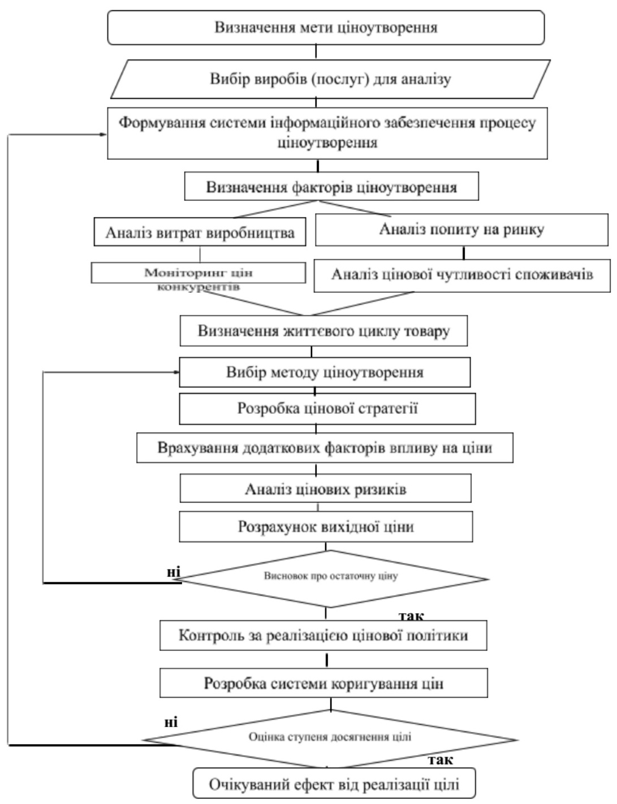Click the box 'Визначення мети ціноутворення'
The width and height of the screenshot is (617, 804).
tap(326, 28)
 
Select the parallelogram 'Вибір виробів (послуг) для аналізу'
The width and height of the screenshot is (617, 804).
tap(331, 79)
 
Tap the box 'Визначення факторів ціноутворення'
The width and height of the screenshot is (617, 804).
tap(331, 187)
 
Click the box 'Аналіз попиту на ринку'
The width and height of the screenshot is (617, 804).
tap(461, 230)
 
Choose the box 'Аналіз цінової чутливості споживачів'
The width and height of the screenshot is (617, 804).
tap(461, 275)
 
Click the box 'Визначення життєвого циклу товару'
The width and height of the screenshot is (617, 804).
tap(323, 331)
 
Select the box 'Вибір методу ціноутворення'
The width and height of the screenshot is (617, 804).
tap(325, 373)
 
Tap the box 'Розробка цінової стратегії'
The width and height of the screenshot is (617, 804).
tap(327, 409)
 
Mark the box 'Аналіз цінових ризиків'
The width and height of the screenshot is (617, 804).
tap(325, 489)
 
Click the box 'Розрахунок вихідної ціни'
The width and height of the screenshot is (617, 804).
tap(326, 527)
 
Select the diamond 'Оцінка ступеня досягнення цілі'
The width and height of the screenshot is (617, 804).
tap(330, 737)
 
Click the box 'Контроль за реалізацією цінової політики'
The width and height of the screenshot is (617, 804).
tap(323, 635)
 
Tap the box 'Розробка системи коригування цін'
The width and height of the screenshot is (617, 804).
tap(323, 683)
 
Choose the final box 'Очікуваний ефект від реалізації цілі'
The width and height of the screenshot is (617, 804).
tap(334, 785)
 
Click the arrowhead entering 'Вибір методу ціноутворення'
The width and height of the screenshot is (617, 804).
tap(175, 372)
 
